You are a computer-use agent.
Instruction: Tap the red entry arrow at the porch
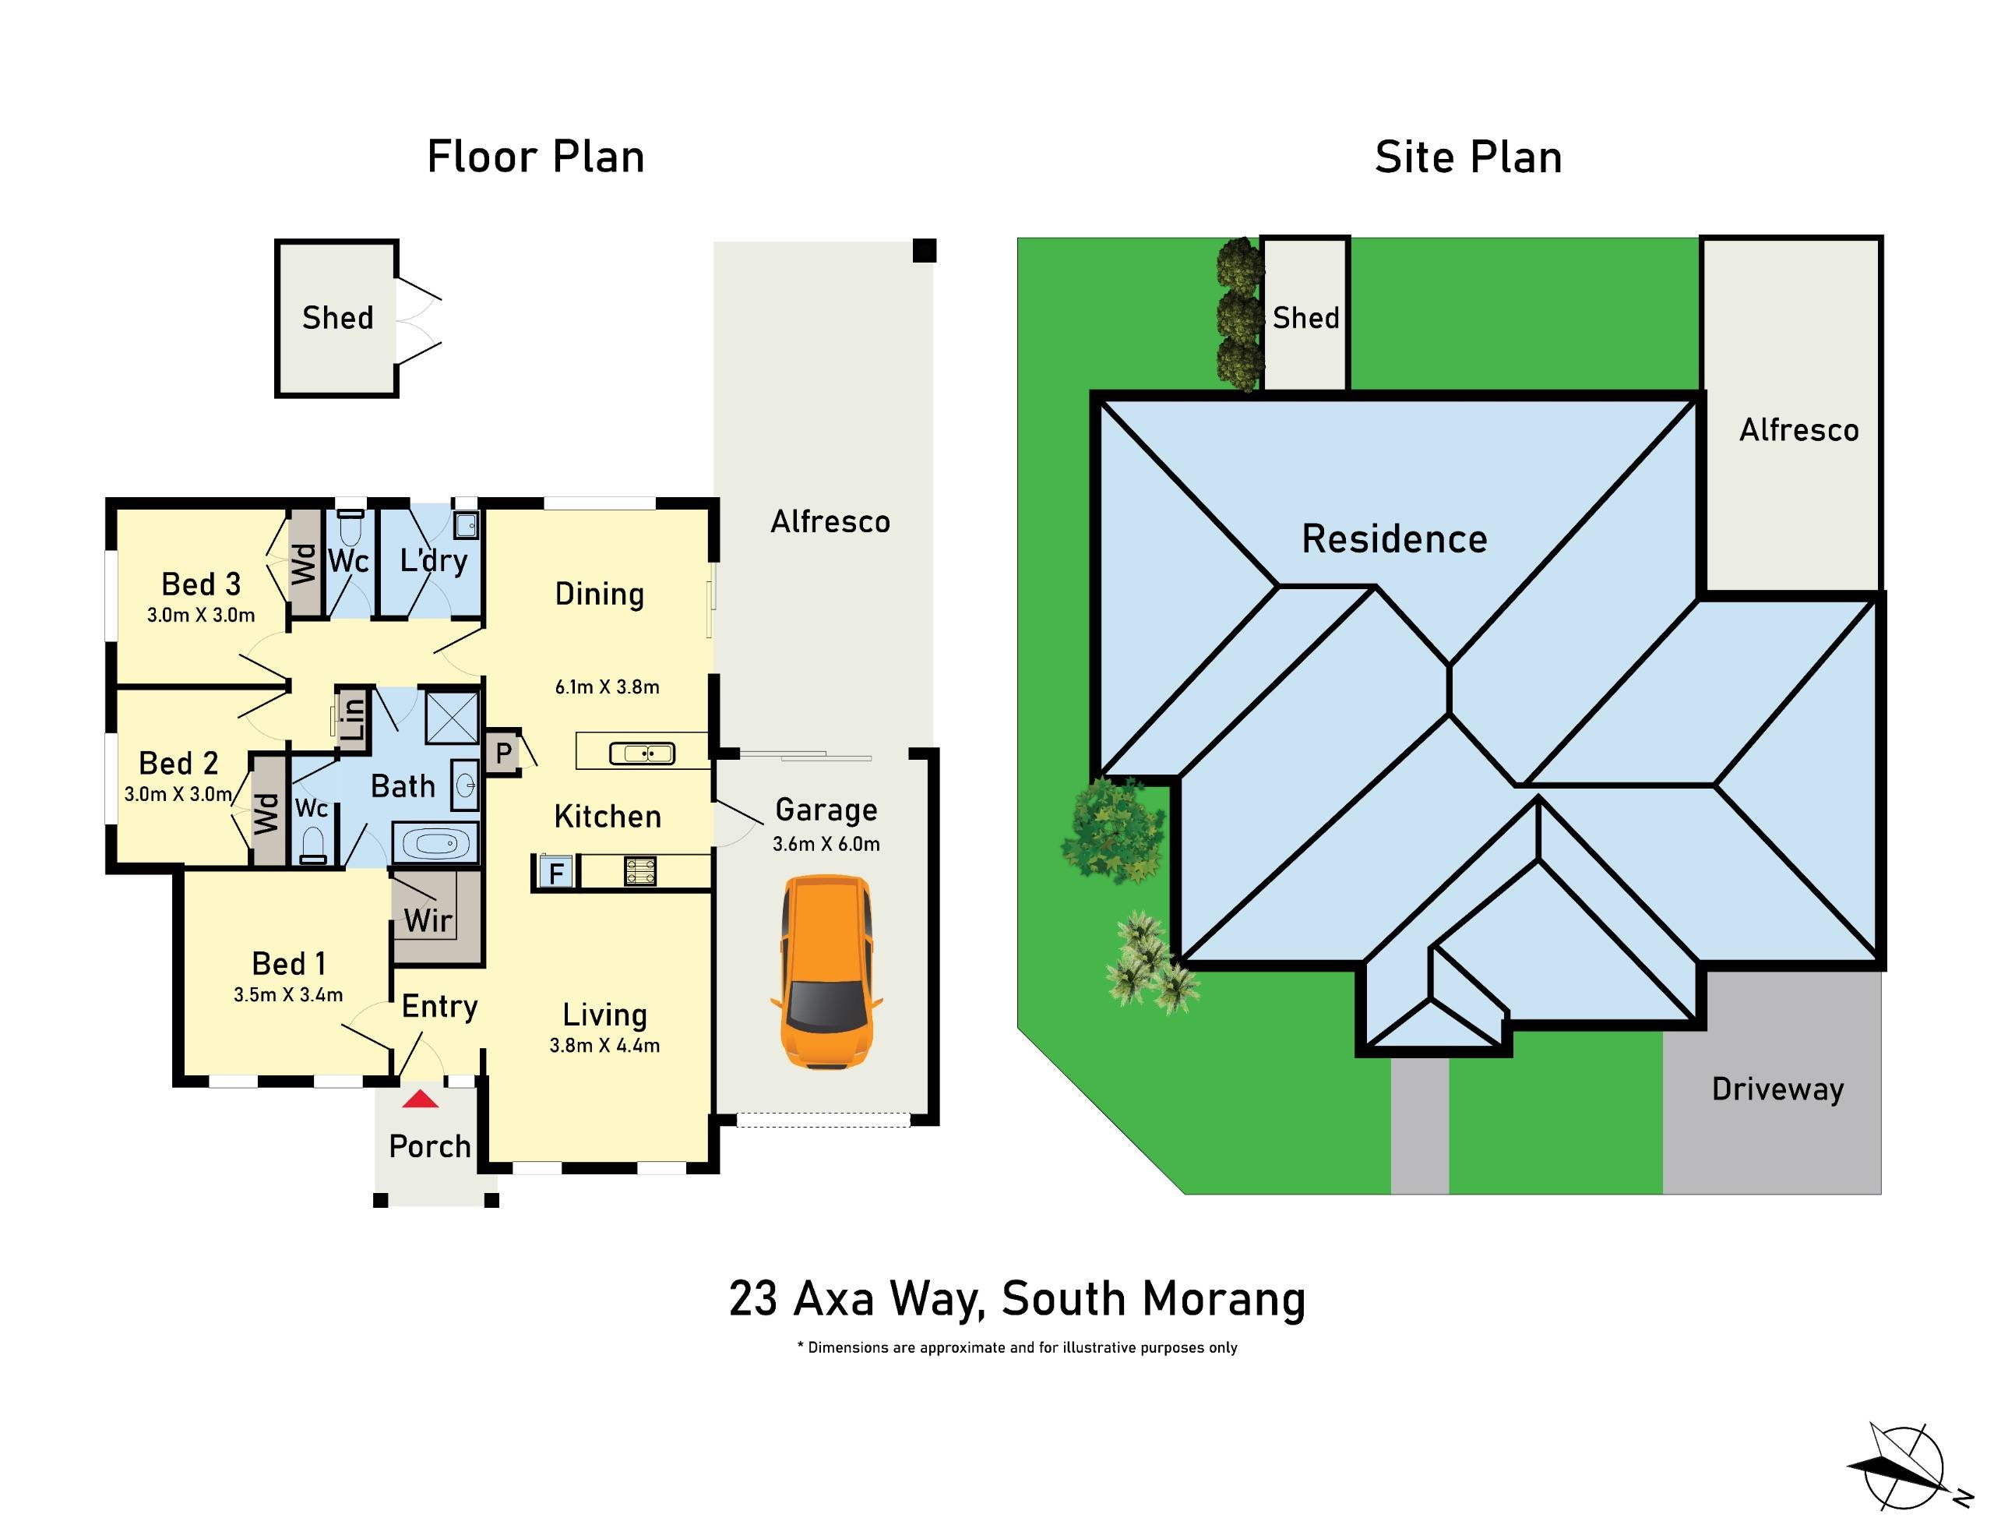pos(421,1099)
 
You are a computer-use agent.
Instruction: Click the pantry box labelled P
pos(503,754)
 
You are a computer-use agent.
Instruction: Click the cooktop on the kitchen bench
pos(640,870)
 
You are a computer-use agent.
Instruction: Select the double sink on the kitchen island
pos(642,753)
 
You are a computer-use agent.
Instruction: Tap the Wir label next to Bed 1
pos(428,920)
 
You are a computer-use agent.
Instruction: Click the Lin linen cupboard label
pos(354,717)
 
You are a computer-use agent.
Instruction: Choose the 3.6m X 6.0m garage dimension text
pos(826,844)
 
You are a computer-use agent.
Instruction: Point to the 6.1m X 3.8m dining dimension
pos(607,687)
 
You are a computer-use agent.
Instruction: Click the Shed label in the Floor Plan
pos(338,318)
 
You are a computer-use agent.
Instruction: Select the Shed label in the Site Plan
pos(1305,318)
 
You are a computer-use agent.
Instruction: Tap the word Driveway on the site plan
pos(1777,1089)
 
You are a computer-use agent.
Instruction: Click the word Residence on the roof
pos(1394,539)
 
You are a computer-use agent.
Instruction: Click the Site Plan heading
pos(1468,157)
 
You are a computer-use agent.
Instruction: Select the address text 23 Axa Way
pos(1017,1299)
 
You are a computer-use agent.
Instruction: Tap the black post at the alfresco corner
pos(925,250)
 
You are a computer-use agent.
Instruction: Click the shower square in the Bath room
pos(453,718)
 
